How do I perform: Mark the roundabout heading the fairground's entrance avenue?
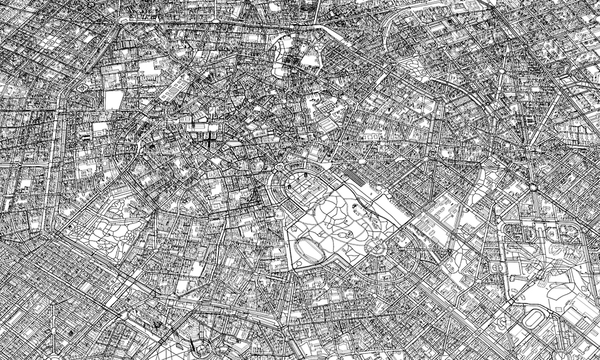click(x=532, y=187)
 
